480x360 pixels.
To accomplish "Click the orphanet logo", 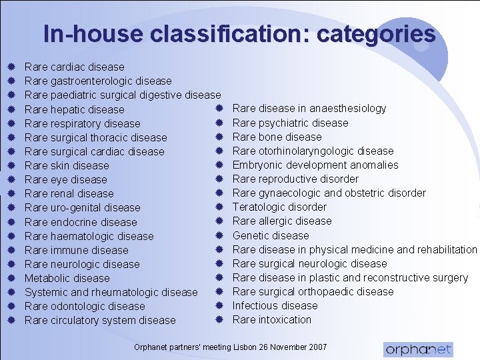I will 418,349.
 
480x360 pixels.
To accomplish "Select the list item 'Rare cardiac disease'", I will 74,67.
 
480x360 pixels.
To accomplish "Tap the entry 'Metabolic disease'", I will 67,278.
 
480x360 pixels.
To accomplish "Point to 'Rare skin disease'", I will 67,165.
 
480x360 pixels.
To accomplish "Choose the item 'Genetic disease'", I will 271,235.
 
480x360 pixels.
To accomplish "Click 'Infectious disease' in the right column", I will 275,305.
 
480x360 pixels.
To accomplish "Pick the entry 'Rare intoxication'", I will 272,319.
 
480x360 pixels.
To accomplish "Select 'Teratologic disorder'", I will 279,207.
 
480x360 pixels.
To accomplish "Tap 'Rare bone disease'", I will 277,137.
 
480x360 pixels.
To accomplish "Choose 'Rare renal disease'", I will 69,193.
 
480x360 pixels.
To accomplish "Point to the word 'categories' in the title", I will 377,33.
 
